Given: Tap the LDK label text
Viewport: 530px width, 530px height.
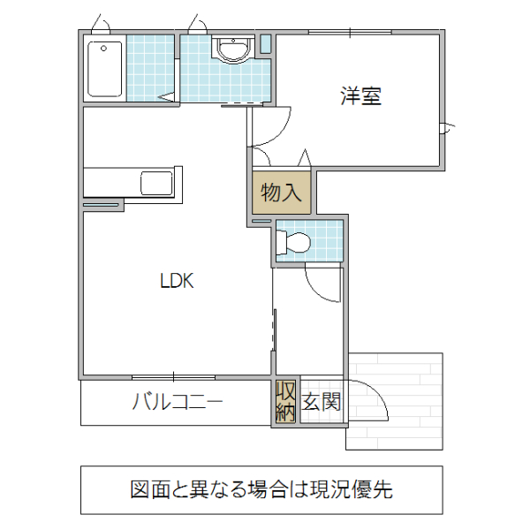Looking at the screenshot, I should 176,282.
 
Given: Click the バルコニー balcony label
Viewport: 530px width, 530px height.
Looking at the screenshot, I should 177,403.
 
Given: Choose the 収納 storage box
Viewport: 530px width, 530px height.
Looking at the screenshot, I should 285,402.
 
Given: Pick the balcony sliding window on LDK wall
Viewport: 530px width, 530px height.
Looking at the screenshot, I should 177,377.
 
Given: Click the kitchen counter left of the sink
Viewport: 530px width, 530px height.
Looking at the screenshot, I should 110,183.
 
